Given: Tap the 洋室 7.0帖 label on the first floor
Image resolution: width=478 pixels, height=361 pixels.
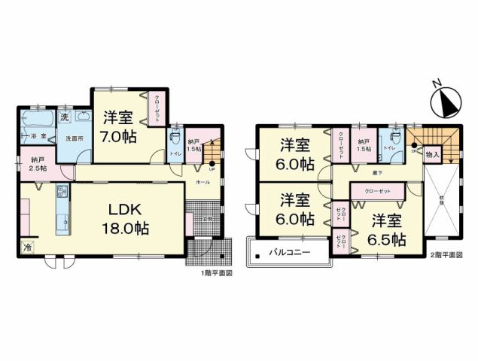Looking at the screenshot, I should click(x=118, y=129).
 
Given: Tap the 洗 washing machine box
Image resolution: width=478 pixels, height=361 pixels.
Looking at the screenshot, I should click(x=65, y=117).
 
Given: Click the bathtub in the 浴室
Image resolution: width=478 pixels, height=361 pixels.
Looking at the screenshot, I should click(x=35, y=121).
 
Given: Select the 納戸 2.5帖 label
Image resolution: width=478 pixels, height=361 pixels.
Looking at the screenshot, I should click(x=38, y=164).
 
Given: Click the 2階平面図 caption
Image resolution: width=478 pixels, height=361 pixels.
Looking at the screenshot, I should click(x=447, y=255).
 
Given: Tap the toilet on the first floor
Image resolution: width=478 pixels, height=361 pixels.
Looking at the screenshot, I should click(x=175, y=138).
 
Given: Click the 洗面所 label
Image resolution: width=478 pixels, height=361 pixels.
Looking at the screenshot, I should click(x=74, y=139).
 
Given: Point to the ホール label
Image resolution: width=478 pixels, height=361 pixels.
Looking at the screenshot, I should click(x=202, y=183).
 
